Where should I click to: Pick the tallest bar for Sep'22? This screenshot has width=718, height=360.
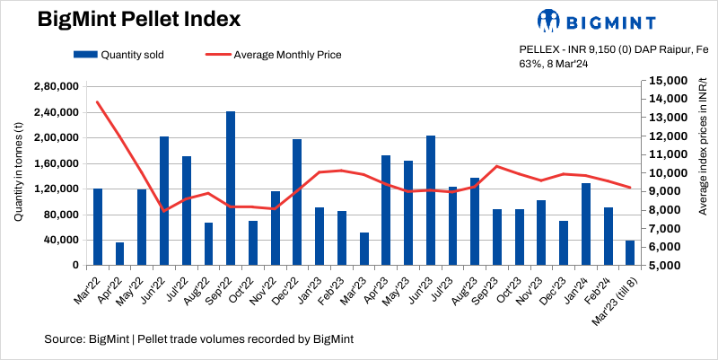(x=231, y=189)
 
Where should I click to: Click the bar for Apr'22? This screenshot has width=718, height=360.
(x=120, y=254)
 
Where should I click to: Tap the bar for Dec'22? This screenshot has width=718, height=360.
(x=297, y=202)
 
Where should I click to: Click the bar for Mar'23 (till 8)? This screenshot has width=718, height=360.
(x=630, y=253)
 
